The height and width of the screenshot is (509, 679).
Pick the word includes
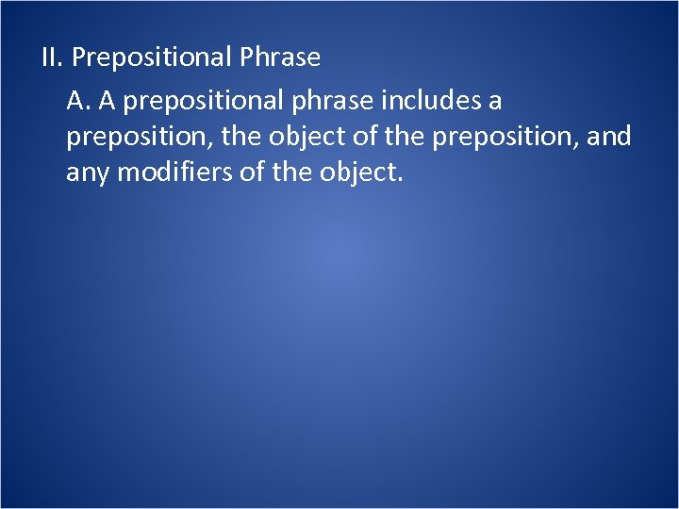[406, 99]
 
